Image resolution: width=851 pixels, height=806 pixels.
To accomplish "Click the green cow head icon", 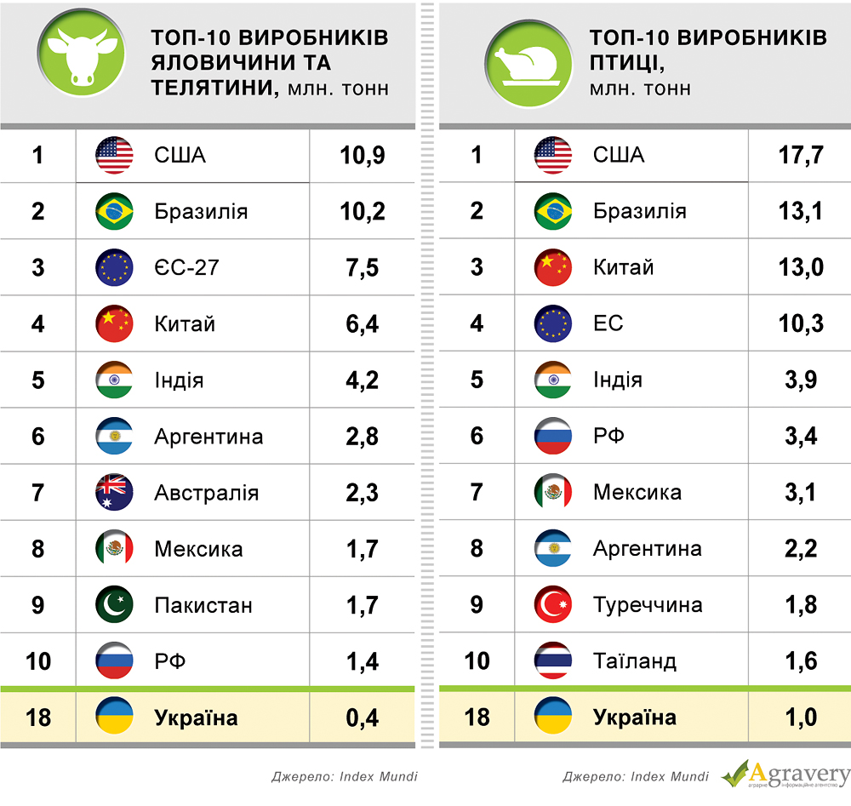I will [82, 58].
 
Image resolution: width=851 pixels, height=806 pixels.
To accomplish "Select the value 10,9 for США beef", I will [363, 155].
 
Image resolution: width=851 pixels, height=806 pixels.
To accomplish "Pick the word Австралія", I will [207, 493].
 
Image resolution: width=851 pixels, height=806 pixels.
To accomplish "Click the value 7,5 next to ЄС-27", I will [363, 267].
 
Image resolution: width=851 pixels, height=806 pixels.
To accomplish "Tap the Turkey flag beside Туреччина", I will [553, 605].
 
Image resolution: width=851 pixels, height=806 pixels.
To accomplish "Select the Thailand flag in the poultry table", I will [553, 661].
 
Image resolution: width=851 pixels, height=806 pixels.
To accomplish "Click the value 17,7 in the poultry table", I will [801, 155].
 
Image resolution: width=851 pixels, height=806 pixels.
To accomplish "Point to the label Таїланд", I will [635, 661].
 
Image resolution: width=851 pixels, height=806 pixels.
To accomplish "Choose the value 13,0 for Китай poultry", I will [801, 267].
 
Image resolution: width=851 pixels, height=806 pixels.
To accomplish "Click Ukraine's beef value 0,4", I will [363, 717].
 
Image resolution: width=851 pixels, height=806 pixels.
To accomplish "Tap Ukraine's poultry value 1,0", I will [801, 717].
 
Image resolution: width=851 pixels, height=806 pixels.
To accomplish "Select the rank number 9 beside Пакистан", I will [38, 605].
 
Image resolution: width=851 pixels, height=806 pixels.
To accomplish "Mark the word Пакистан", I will [203, 605].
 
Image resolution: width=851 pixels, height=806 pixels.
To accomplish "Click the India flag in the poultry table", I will [553, 380].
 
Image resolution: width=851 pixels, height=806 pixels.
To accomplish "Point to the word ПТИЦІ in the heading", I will [625, 62].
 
